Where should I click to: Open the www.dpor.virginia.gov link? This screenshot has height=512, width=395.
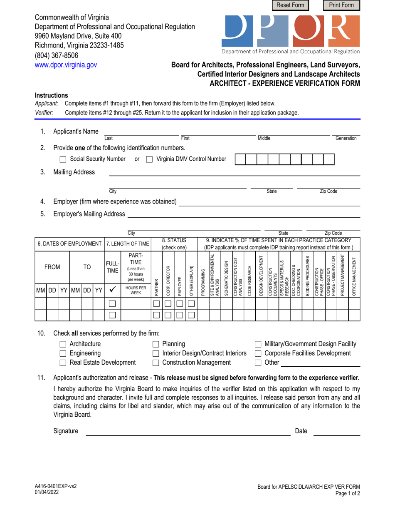pyautogui.click(x=66, y=65)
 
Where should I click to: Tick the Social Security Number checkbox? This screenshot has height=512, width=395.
pyautogui.click(x=63, y=159)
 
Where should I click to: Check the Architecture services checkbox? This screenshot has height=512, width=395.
pyautogui.click(x=63, y=344)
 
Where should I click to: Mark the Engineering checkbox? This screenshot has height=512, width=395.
pyautogui.click(x=63, y=353)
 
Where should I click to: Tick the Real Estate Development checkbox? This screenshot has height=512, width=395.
pyautogui.click(x=63, y=363)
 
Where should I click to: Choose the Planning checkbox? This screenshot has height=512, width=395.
pyautogui.click(x=156, y=344)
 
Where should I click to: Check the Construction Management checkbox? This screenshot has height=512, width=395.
pyautogui.click(x=156, y=363)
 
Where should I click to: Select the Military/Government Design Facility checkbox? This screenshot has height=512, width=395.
pyautogui.click(x=258, y=344)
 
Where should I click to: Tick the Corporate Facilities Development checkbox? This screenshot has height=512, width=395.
pyautogui.click(x=258, y=353)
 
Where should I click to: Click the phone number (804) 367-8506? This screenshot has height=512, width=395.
pyautogui.click(x=56, y=55)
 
